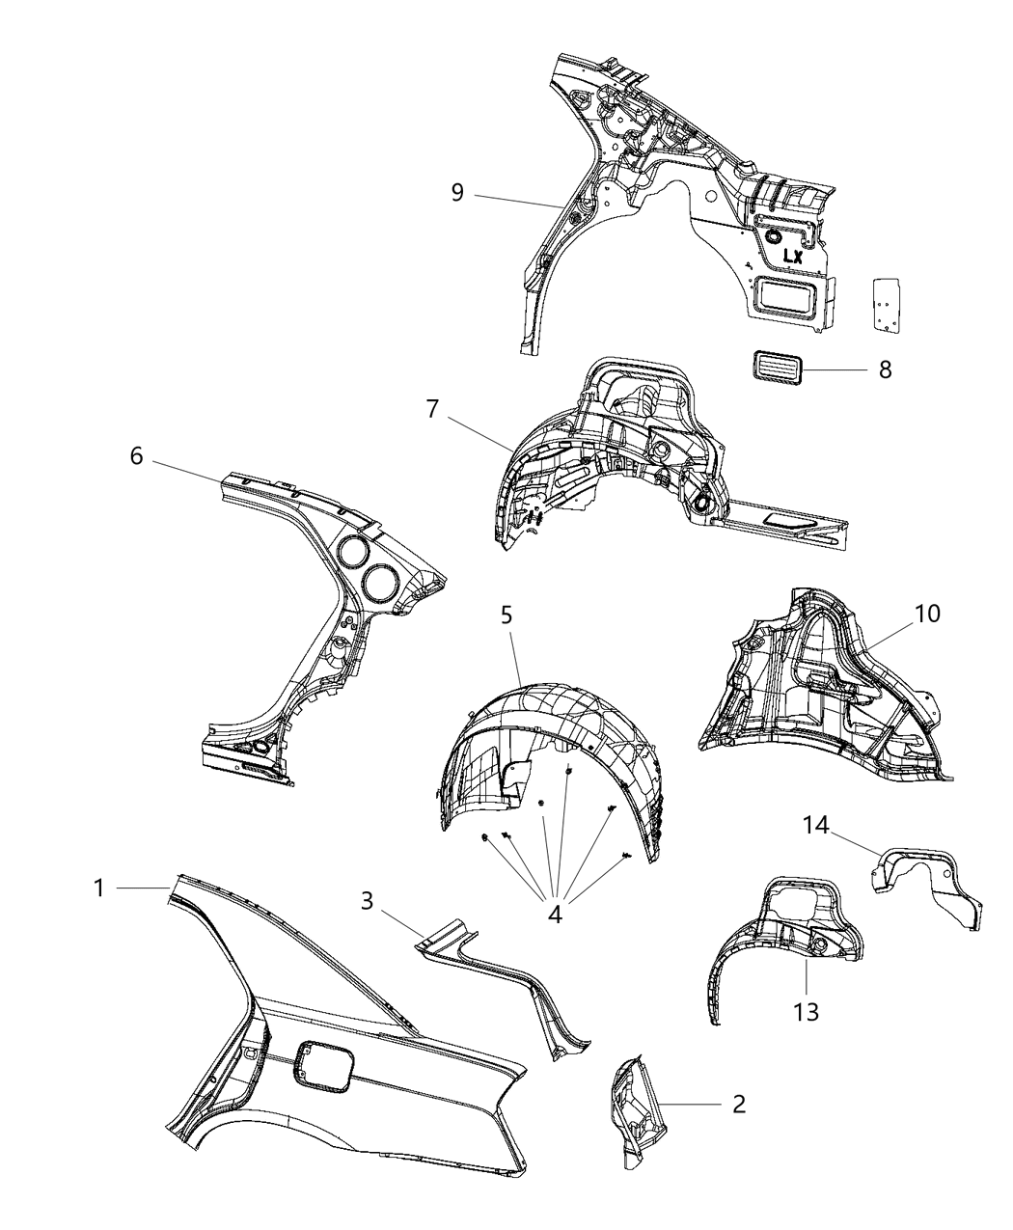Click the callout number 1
pyautogui.click(x=98, y=888)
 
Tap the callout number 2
pyautogui.click(x=738, y=1103)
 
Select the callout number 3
pyautogui.click(x=367, y=900)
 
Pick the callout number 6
pyautogui.click(x=136, y=455)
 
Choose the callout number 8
pyautogui.click(x=885, y=369)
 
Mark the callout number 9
pyautogui.click(x=456, y=192)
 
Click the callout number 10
pyautogui.click(x=927, y=614)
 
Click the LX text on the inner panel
pyautogui.click(x=792, y=257)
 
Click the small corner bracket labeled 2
pyautogui.click(x=633, y=1109)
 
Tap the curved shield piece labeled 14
pyautogui.click(x=926, y=883)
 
